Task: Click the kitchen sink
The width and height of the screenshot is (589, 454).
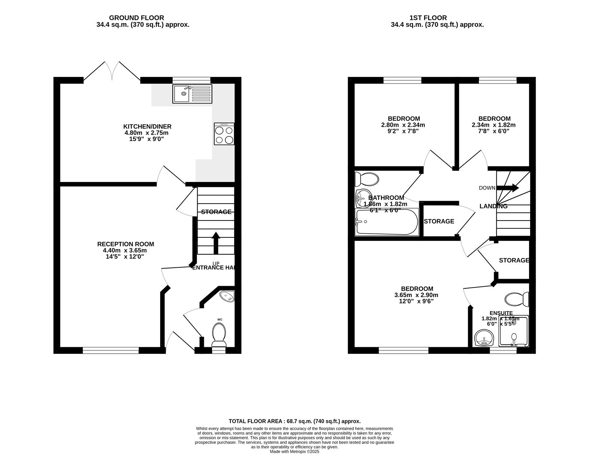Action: tap(192, 94)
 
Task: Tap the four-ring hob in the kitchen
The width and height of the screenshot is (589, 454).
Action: tap(224, 134)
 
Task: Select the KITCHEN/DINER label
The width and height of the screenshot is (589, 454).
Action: tap(147, 127)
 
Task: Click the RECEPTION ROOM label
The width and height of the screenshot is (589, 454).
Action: tap(126, 244)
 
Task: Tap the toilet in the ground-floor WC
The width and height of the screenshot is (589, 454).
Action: tap(219, 334)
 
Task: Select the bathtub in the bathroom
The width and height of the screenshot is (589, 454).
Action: tap(387, 222)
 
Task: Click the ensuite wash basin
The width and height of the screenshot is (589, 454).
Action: tap(484, 338)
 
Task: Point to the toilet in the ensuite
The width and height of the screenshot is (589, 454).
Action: tap(517, 299)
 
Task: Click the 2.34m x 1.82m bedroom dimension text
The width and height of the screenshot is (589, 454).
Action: tap(493, 125)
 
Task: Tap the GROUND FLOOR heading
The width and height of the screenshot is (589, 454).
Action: tap(137, 18)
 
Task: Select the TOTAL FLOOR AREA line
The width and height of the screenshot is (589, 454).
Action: tap(294, 421)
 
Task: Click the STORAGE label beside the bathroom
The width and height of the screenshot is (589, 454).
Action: tap(439, 221)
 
